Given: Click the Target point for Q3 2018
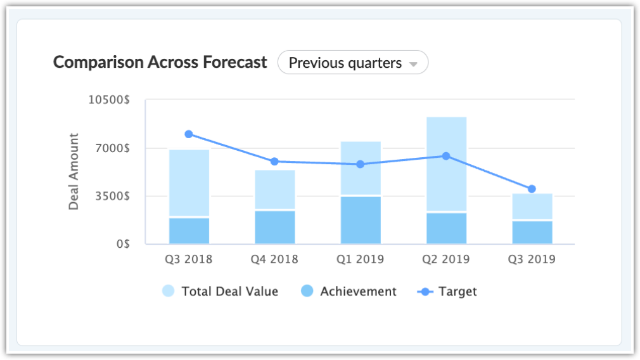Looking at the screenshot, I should coord(189,134).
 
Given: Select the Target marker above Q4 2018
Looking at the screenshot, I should coord(274,162).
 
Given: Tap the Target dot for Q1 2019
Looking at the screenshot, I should coord(361,164).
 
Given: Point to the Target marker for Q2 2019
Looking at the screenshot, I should coord(446,156).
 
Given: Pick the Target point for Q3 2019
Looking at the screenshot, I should coord(532,189).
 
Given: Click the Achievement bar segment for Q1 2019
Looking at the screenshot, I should coord(361,220).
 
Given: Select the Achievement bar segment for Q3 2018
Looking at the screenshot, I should coord(189,231).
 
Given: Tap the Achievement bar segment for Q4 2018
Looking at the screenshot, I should coord(274,227).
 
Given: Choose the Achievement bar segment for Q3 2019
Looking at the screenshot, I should coord(532,232).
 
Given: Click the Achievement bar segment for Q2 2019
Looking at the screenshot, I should coord(446,228).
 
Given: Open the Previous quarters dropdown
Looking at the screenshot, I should coord(353,63).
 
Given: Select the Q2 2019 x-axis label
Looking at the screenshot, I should coord(446,259).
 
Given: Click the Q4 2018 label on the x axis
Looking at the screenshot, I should coord(274,259).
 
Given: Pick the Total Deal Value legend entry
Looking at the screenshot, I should coord(221,292).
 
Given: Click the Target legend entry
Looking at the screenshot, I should coord(447,292).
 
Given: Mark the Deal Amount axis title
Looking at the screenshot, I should coord(74,171).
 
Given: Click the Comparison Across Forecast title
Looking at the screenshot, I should coord(160,63).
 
